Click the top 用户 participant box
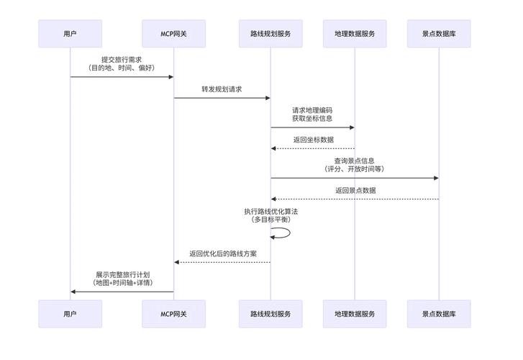(x=70, y=34)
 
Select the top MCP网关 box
(x=173, y=34)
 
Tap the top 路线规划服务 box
(x=270, y=34)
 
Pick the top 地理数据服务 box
(x=355, y=34)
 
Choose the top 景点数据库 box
(x=438, y=34)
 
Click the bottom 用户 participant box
(x=70, y=314)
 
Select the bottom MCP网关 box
(x=173, y=314)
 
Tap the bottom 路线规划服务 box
(x=270, y=314)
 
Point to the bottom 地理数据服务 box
(x=355, y=314)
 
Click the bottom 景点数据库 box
(x=438, y=314)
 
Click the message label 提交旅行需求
(x=121, y=60)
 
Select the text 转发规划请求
(x=222, y=89)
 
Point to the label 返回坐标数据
(x=313, y=140)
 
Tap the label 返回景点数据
(x=355, y=191)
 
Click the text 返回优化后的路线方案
(x=223, y=253)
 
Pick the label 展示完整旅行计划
(x=122, y=275)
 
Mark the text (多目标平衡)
(x=270, y=220)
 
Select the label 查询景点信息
(x=354, y=161)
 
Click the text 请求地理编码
(x=312, y=110)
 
